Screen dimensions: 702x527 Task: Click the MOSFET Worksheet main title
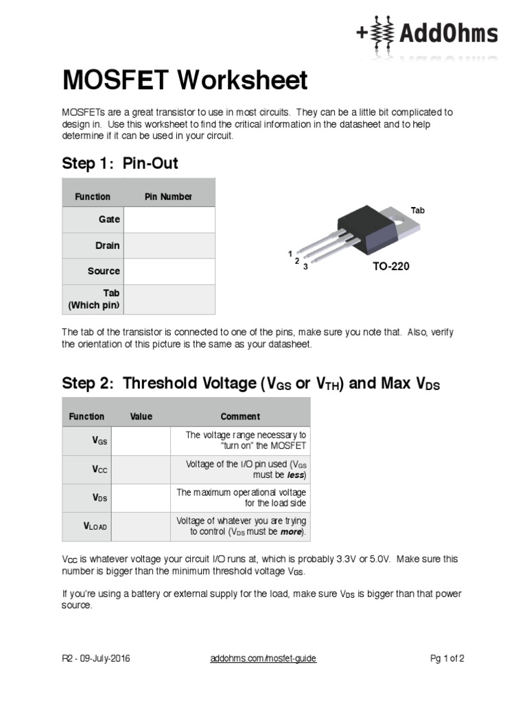point(185,81)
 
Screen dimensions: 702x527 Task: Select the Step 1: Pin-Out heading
point(120,163)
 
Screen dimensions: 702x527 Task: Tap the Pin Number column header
point(168,197)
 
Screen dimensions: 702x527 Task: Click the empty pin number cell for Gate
point(169,219)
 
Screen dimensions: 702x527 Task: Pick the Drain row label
point(107,245)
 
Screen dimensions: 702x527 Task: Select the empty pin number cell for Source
point(169,271)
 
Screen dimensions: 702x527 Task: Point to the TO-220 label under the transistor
point(390,266)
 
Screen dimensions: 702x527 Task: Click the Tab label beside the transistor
point(418,210)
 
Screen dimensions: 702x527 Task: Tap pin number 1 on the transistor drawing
point(290,254)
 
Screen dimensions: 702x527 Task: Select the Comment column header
point(239,416)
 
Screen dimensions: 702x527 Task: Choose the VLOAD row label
point(95,526)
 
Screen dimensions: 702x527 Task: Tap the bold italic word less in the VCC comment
point(295,475)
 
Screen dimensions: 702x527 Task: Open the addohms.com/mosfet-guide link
point(263,659)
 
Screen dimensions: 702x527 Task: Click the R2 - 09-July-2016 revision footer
point(95,659)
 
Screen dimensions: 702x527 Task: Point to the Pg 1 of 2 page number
point(447,659)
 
